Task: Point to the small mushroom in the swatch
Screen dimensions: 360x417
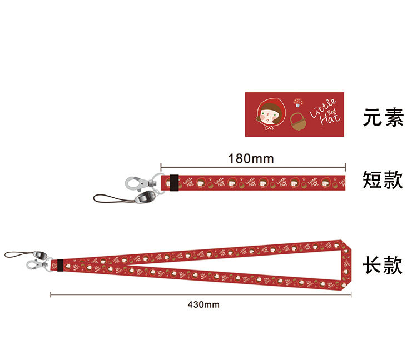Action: click(x=299, y=102)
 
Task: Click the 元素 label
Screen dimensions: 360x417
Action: click(x=383, y=118)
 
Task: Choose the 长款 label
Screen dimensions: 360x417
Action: click(x=383, y=265)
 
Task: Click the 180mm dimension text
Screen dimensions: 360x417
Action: click(x=251, y=158)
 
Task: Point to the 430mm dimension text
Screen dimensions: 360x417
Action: click(x=203, y=304)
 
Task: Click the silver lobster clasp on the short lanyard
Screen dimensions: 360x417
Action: click(x=136, y=183)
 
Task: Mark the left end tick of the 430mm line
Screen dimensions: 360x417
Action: click(x=51, y=294)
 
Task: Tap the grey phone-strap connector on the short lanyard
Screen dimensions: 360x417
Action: click(x=146, y=197)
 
